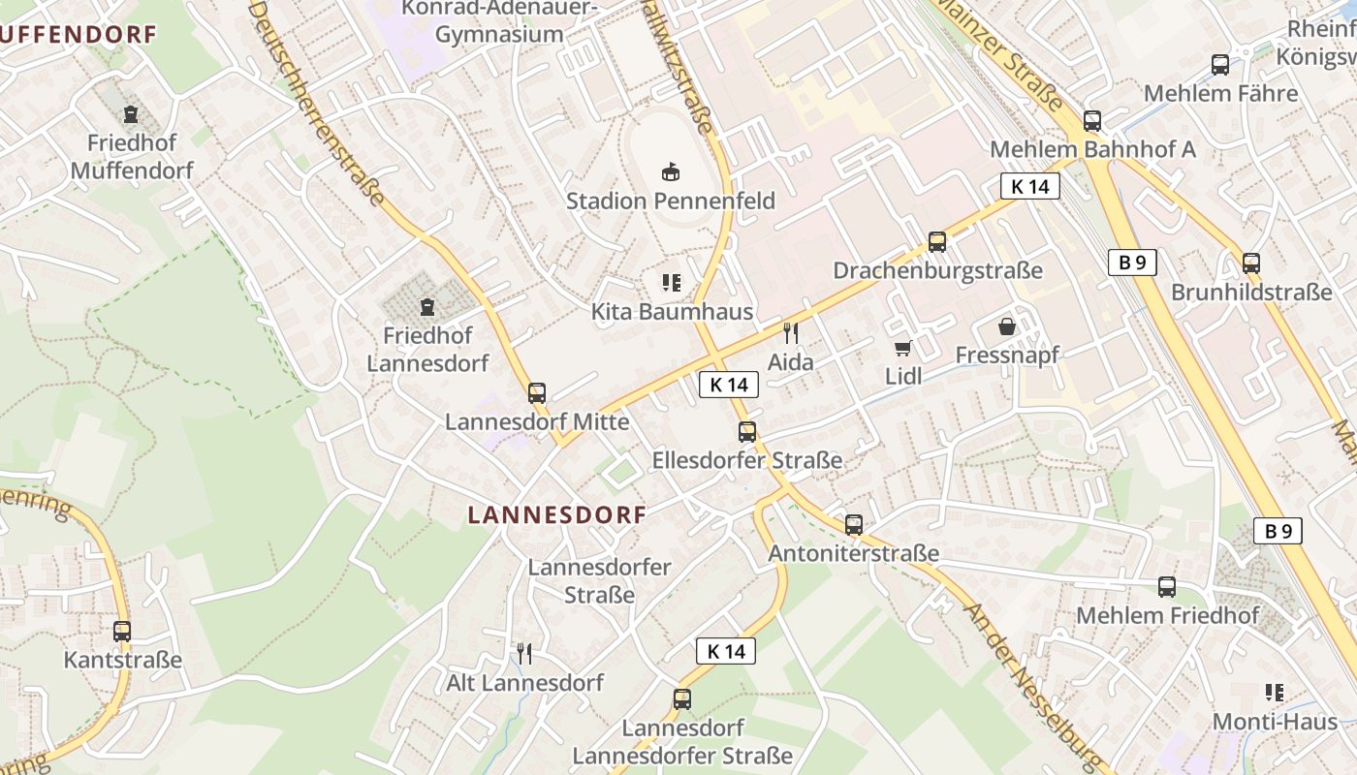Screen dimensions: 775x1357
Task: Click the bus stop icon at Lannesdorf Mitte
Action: [537, 392]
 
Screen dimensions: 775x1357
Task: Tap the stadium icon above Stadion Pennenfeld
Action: [669, 171]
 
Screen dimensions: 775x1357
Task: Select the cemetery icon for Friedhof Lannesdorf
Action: [426, 307]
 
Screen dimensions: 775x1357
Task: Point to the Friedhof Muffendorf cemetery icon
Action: [131, 114]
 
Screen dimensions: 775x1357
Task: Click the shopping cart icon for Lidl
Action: [902, 347]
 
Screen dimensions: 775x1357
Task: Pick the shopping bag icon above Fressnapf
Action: [1007, 326]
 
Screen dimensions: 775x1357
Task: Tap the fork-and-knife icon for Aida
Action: [790, 333]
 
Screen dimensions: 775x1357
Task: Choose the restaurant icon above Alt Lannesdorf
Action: [524, 653]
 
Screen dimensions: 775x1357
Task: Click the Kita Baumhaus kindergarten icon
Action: [671, 283]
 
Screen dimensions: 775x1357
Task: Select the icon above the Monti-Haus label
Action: [1275, 693]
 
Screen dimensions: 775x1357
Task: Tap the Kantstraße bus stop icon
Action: [122, 631]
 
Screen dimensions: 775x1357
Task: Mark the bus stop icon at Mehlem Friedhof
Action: [1167, 586]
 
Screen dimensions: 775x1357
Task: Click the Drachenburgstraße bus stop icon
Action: [937, 241]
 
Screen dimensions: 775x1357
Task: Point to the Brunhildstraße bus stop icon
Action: [1251, 263]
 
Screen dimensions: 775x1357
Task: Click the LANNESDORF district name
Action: [556, 515]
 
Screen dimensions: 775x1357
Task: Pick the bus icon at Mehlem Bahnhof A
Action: [1092, 121]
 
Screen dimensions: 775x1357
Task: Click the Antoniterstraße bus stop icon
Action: [854, 524]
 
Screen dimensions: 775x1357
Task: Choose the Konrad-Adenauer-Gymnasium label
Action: [499, 21]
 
